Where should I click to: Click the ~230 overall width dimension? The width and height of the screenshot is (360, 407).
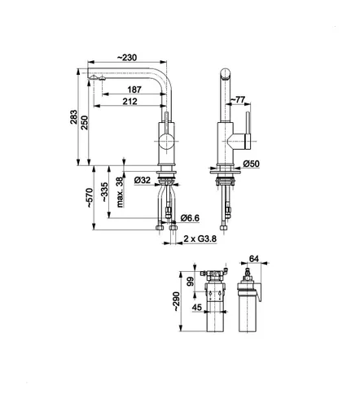coord(127,56)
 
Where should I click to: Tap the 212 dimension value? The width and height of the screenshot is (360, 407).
coord(128,102)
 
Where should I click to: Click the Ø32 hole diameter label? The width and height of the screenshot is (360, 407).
coord(140,180)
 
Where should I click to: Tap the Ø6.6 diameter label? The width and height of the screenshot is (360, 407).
coord(190,217)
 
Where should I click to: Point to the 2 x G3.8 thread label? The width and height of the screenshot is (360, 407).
coord(200,238)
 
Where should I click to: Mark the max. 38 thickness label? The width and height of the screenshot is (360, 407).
coord(119,190)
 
